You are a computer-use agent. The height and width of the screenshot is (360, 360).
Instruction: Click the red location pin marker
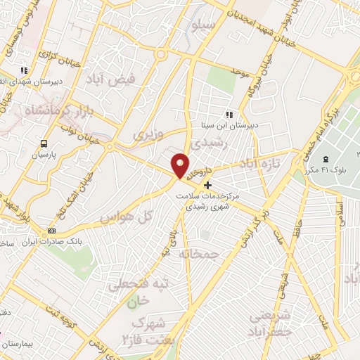click(x=180, y=165)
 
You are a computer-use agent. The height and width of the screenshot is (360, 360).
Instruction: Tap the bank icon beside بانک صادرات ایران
click(x=51, y=231)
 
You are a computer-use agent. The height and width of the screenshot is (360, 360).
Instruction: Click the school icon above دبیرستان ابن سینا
click(x=229, y=115)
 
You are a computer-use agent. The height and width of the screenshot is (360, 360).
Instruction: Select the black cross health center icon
click(x=207, y=185)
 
